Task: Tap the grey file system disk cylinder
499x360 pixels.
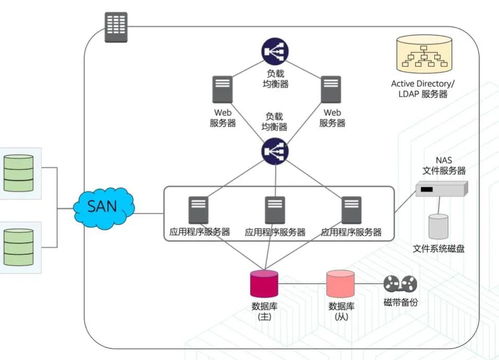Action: point(438,226)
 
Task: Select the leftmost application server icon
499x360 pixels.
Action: point(198,210)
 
